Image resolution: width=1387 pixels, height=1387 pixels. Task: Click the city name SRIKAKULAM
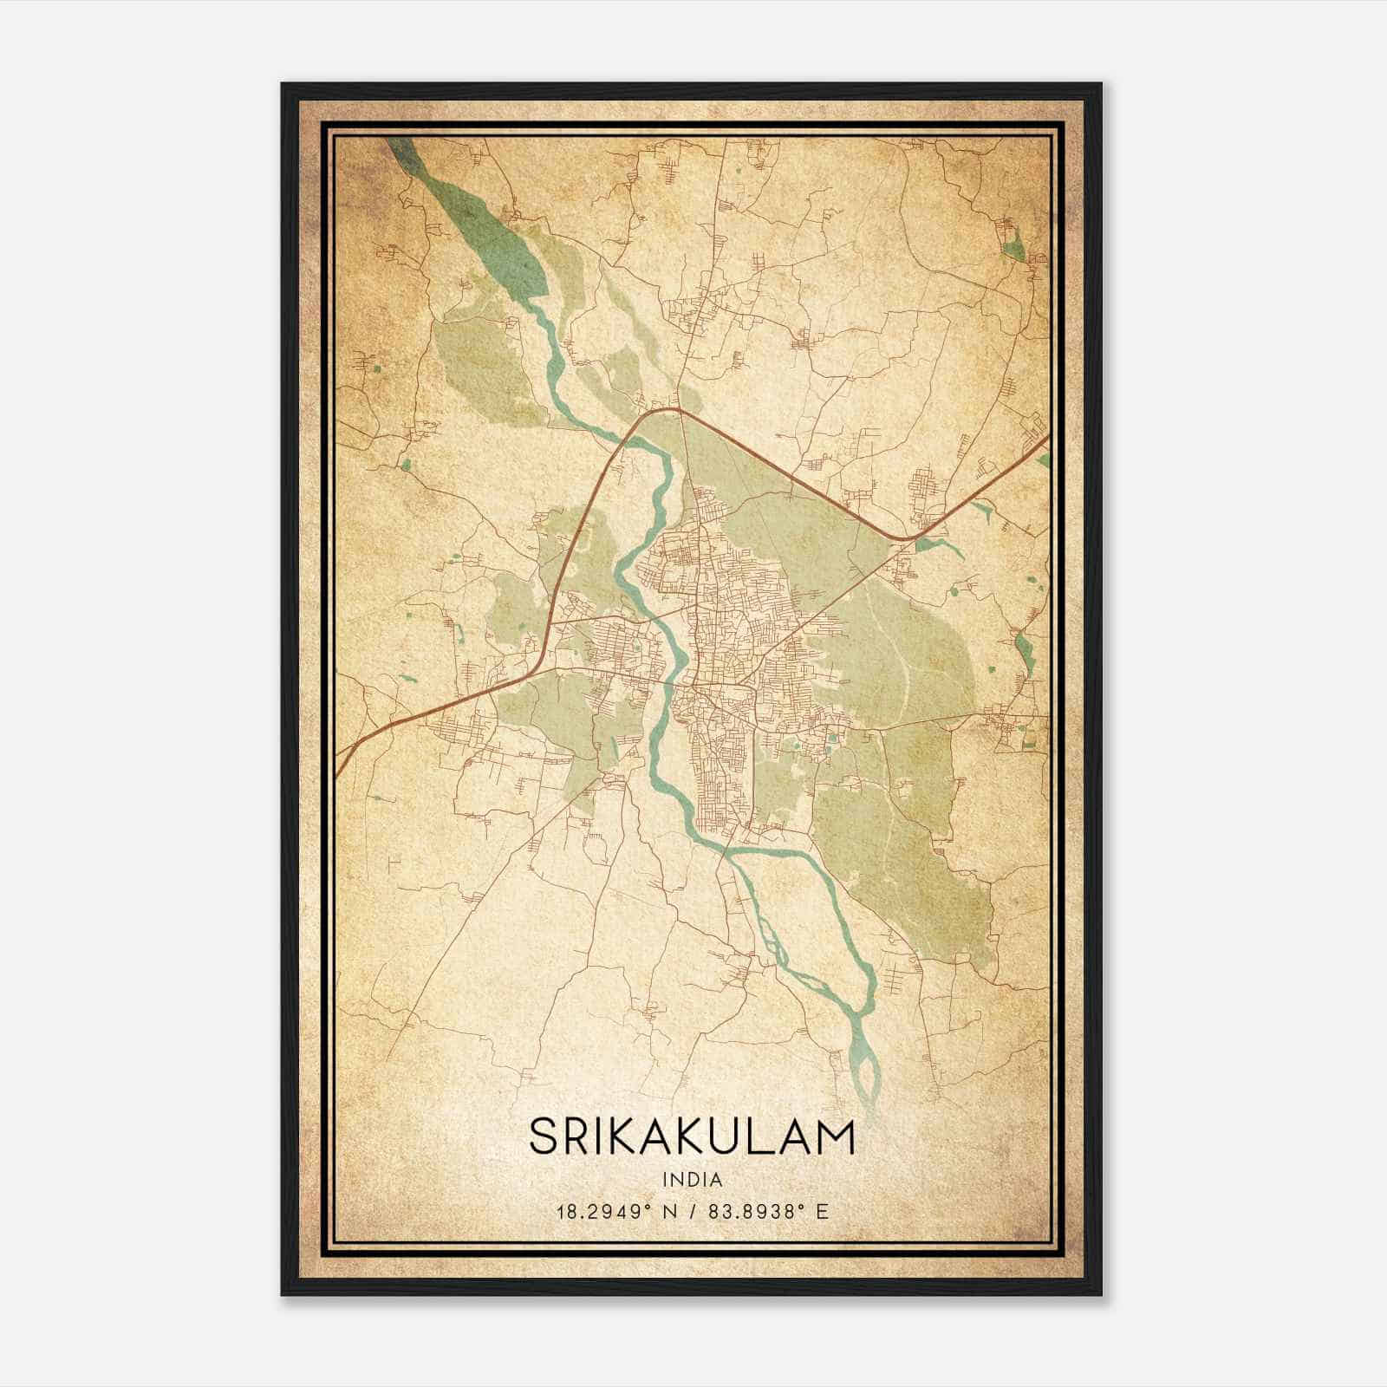coord(692,1136)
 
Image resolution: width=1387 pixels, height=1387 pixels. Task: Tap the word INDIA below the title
coord(692,1180)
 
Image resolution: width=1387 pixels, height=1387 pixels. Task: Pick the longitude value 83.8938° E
coord(762,1211)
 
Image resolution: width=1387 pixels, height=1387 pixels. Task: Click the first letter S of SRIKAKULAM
coord(544,1136)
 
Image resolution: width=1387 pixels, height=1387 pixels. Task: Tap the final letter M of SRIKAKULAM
coord(837,1136)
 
